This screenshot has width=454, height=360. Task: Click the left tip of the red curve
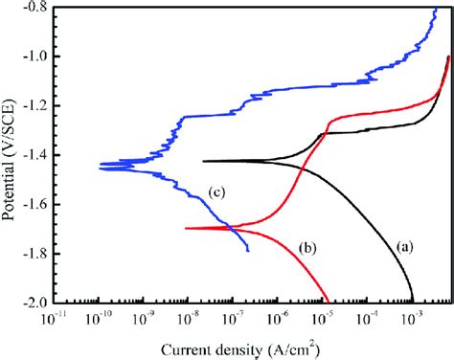point(185,228)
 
